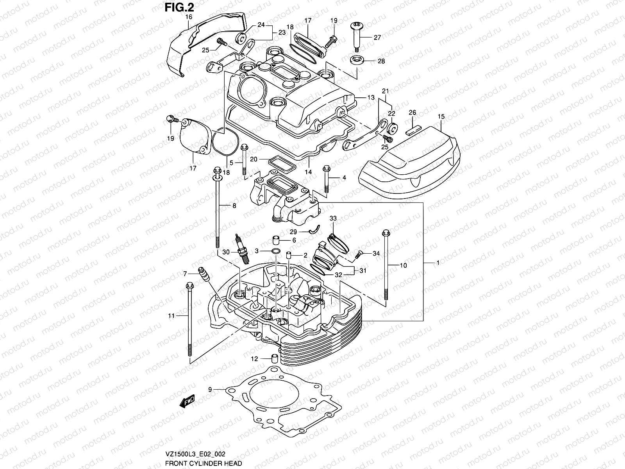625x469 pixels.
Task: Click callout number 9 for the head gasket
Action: point(210,389)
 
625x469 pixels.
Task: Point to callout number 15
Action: point(441,116)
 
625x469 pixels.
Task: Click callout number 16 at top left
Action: point(189,17)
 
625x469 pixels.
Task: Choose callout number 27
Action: point(377,38)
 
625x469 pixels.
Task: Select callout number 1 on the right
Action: point(438,263)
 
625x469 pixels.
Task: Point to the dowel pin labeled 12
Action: point(275,358)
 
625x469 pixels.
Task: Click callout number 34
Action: point(376,254)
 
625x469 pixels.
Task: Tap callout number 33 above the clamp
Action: point(333,218)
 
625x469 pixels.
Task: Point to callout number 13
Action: point(371,97)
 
